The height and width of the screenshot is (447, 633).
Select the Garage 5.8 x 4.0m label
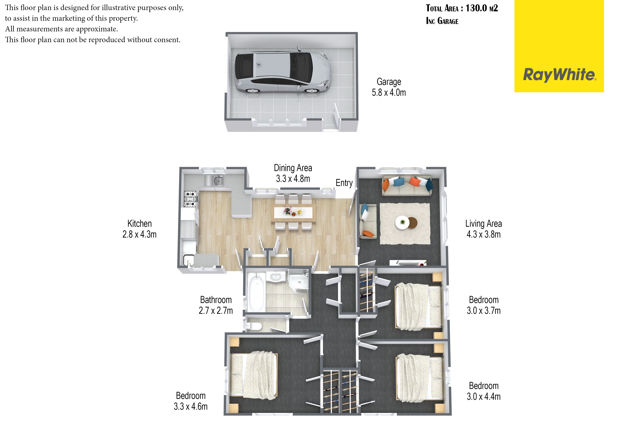point(389,87)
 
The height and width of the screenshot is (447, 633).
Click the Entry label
point(344,183)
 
